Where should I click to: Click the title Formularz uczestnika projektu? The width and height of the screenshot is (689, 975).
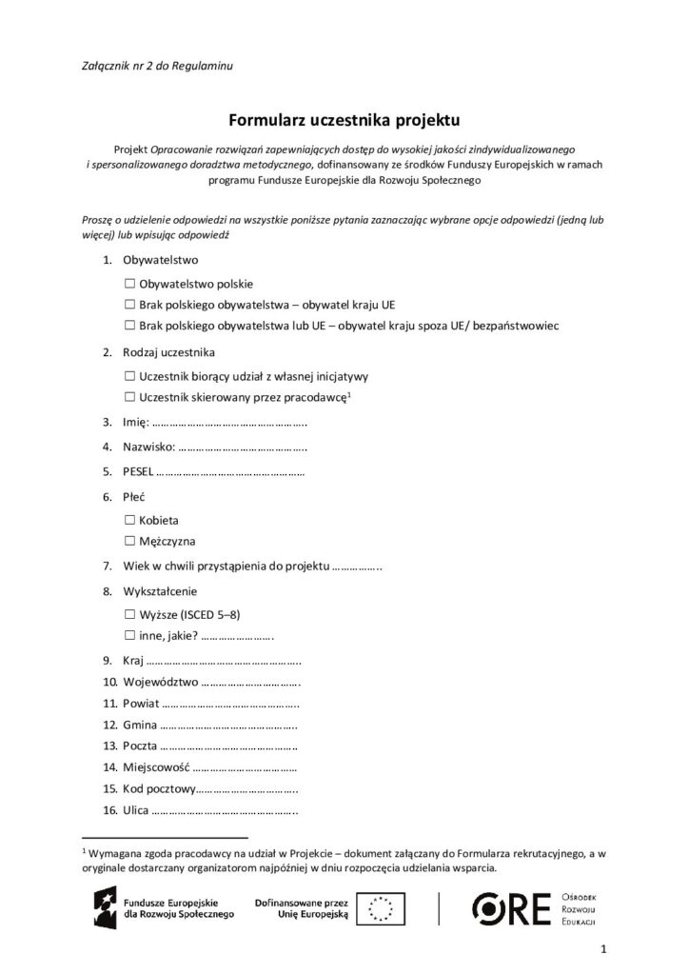(x=344, y=120)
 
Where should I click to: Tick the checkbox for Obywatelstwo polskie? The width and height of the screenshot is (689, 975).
(x=129, y=284)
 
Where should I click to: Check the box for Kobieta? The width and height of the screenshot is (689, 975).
(x=129, y=521)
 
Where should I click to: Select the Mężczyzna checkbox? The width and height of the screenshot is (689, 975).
(x=129, y=542)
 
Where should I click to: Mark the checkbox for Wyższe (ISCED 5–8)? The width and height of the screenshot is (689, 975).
(x=129, y=615)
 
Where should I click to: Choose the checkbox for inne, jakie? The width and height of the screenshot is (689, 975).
(x=129, y=635)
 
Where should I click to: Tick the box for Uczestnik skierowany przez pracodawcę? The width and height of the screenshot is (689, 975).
(x=129, y=396)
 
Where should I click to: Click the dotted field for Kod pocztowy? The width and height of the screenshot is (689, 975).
(x=249, y=789)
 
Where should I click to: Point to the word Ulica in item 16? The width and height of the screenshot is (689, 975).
(x=135, y=811)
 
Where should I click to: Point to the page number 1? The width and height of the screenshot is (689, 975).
(x=603, y=948)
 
